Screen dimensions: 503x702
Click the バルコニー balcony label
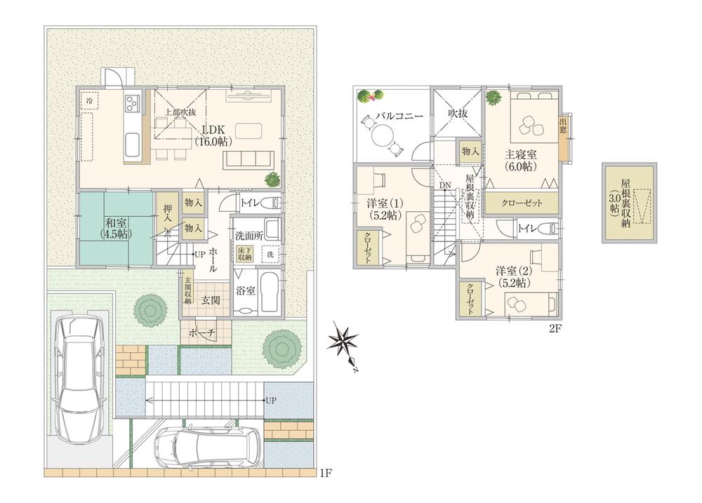click(398, 115)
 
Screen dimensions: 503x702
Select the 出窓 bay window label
click(563, 130)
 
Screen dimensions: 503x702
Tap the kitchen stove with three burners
click(132, 105)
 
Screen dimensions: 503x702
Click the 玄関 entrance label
click(210, 300)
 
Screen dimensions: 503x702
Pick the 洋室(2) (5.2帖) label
click(513, 276)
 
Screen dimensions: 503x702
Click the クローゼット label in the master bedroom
click(522, 203)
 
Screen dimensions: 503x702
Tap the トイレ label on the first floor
click(249, 203)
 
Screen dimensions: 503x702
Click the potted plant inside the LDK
click(271, 180)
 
